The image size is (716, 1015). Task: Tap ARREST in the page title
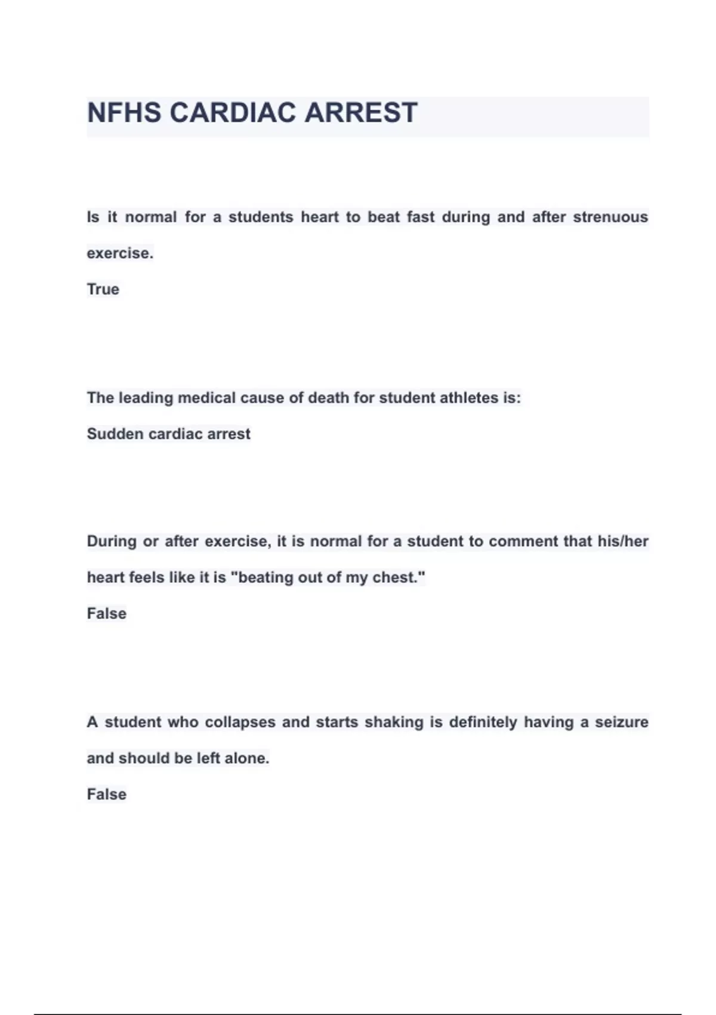[361, 113]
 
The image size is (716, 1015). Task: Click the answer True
[103, 290]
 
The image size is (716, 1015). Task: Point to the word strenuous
[610, 217]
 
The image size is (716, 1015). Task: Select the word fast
[421, 217]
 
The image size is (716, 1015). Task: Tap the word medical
[207, 398]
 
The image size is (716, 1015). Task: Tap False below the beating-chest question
[106, 614]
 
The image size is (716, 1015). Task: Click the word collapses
[240, 722]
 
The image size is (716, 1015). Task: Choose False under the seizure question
[106, 795]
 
